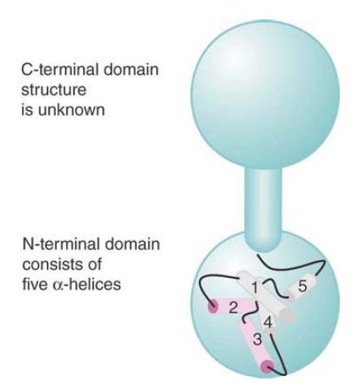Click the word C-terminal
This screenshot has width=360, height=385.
pyautogui.click(x=60, y=69)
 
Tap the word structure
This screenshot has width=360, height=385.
pyautogui.click(x=53, y=90)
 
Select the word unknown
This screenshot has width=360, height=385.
pyautogui.click(x=71, y=110)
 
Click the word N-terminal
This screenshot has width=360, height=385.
pyautogui.click(x=61, y=243)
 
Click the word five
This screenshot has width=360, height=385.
pyautogui.click(x=34, y=284)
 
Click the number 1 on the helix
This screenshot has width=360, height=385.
pyautogui.click(x=254, y=288)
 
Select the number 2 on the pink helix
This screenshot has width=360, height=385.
pyautogui.click(x=234, y=307)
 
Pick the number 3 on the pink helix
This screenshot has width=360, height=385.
pyautogui.click(x=257, y=339)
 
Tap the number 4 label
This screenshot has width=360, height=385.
pyautogui.click(x=268, y=323)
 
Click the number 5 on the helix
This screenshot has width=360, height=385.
pyautogui.click(x=303, y=286)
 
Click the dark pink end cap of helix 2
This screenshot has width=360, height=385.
pyautogui.click(x=213, y=307)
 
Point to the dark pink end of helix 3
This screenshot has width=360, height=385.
pyautogui.click(x=268, y=367)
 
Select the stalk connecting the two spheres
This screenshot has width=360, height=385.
pyautogui.click(x=263, y=208)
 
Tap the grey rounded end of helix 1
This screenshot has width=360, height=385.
pyautogui.click(x=286, y=316)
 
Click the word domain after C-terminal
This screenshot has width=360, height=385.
pyautogui.click(x=131, y=69)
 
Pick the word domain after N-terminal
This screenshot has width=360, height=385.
pyautogui.click(x=132, y=243)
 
